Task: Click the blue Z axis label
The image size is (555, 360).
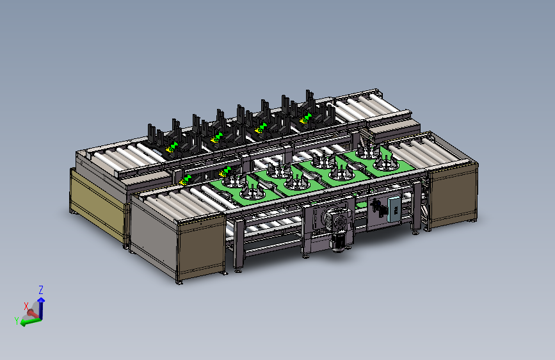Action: tap(41, 290)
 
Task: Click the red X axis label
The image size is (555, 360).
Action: tap(26, 306)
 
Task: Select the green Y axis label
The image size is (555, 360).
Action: tap(17, 321)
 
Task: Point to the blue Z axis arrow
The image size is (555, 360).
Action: tap(41, 308)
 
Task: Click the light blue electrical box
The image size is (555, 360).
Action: tap(394, 209)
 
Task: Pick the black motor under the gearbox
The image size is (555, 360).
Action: tap(337, 242)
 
